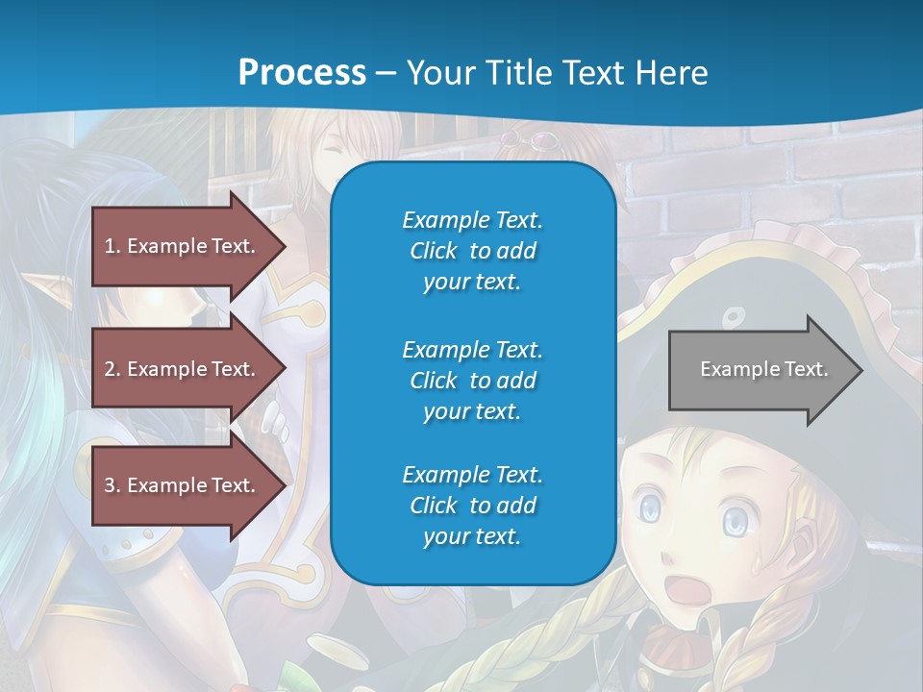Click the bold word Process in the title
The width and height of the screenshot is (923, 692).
(302, 72)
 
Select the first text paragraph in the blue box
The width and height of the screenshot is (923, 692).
(472, 251)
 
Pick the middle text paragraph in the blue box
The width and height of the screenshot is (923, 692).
(472, 381)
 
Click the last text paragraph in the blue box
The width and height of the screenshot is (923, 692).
(472, 506)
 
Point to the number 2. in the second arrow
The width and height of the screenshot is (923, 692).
(112, 369)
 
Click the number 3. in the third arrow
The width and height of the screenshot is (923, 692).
(112, 485)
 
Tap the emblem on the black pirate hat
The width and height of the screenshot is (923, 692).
(734, 316)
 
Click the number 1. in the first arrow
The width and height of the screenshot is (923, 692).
(112, 246)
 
